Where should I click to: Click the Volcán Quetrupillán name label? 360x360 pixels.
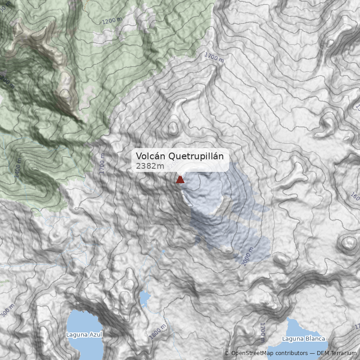[180, 156]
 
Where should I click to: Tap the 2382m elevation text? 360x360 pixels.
[150, 166]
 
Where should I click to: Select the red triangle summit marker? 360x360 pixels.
[180, 180]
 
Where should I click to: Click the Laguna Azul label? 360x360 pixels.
[84, 334]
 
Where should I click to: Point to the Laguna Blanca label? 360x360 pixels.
[303, 338]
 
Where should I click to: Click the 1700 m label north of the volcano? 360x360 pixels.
[214, 58]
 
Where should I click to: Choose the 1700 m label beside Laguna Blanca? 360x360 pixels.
[262, 332]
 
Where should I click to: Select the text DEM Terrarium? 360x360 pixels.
[337, 353]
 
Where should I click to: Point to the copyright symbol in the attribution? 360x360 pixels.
[227, 353]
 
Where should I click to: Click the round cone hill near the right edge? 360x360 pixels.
[348, 243]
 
